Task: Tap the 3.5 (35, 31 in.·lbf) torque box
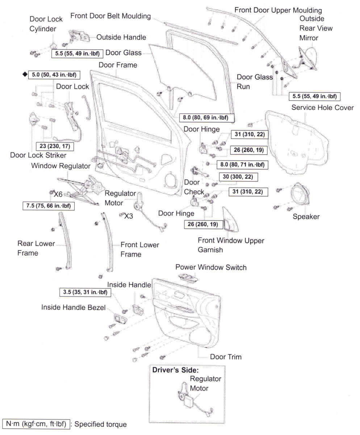(x=85, y=292)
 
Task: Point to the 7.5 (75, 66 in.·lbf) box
(x=49, y=206)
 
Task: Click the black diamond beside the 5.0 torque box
(x=25, y=75)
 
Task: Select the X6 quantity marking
(x=58, y=194)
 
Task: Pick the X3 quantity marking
(x=128, y=216)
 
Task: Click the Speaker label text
(x=306, y=217)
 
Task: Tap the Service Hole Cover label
(x=322, y=108)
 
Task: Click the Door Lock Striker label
(x=38, y=155)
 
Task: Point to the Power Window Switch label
(x=211, y=268)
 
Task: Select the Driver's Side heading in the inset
(x=175, y=370)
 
